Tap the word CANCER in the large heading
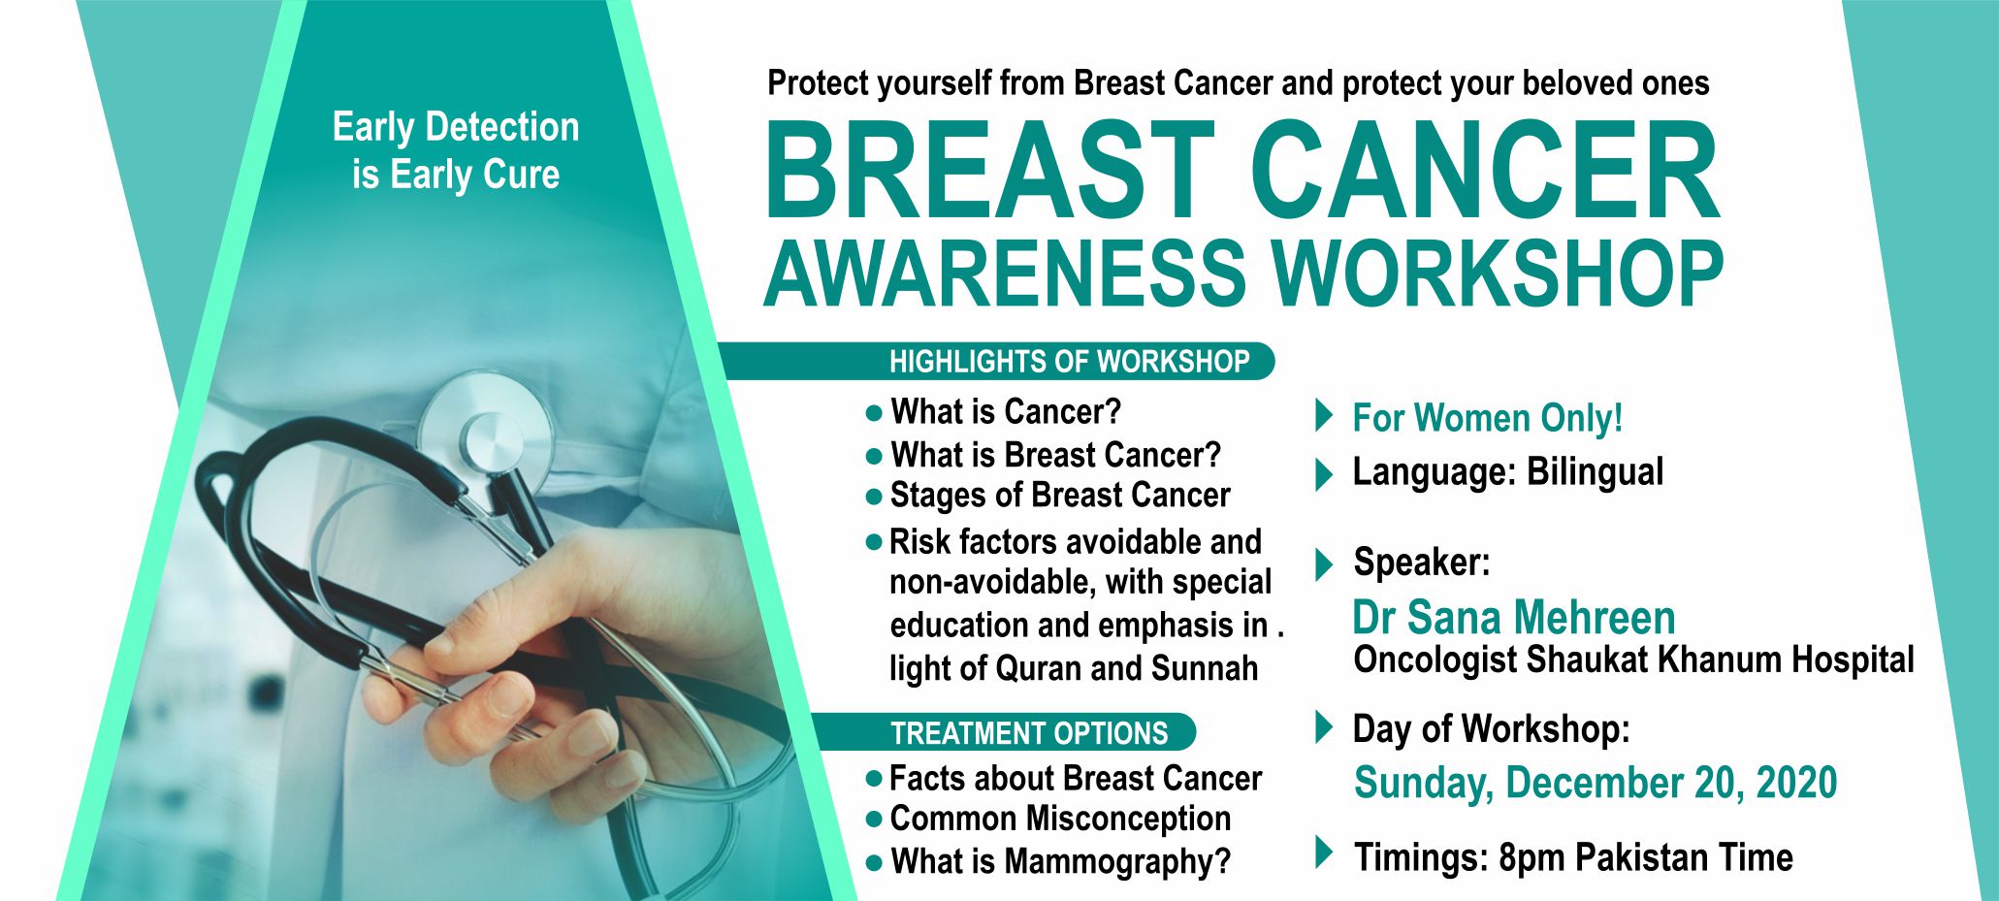(x=1485, y=173)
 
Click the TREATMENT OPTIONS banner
(x=1004, y=732)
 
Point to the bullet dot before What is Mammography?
(x=874, y=861)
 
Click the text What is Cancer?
(x=1006, y=412)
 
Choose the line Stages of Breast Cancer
(x=1060, y=496)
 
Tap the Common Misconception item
(x=1060, y=819)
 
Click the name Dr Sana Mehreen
(x=1514, y=617)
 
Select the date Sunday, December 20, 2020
(x=1596, y=783)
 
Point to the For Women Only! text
(x=1488, y=418)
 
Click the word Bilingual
(x=1595, y=472)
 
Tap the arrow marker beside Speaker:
(x=1323, y=563)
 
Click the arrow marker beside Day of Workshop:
(x=1323, y=727)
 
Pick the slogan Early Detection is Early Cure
(x=456, y=151)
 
